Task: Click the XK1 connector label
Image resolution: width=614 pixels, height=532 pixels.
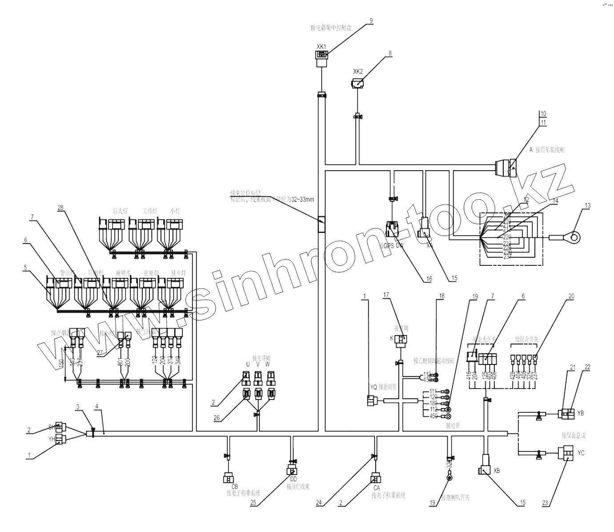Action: (x=321, y=46)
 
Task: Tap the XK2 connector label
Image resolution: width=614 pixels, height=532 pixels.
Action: (x=358, y=72)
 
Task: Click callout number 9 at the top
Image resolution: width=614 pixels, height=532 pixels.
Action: (x=371, y=20)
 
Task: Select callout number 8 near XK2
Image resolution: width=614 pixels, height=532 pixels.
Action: (x=390, y=53)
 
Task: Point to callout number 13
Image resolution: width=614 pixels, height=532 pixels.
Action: (x=588, y=205)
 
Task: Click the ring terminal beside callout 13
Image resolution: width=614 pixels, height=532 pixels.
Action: (x=575, y=237)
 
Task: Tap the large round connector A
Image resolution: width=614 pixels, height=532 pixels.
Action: (x=506, y=168)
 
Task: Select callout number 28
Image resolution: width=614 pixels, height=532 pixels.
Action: (x=60, y=208)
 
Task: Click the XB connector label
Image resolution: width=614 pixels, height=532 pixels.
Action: (x=497, y=471)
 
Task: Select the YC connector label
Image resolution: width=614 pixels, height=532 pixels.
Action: (x=581, y=453)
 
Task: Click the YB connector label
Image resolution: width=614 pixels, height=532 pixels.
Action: (x=581, y=413)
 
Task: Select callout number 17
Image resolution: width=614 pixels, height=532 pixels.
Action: (x=386, y=295)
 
